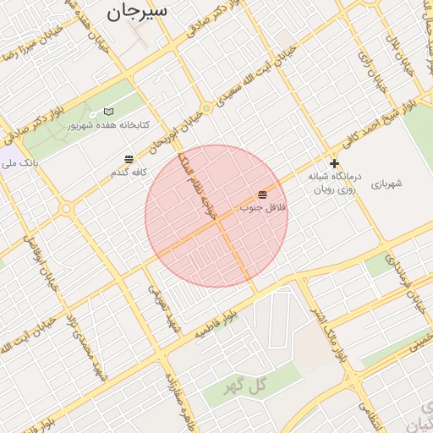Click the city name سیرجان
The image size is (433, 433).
coord(137,11)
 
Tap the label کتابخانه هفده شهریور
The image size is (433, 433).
coord(108,125)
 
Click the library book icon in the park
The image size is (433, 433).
coord(107,112)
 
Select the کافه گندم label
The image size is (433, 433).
coord(129,172)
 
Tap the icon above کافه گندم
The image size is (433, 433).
coord(129,159)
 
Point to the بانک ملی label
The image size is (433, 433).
coord(20,161)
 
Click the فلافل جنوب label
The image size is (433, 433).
coord(263,207)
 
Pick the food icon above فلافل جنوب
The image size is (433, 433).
coord(262,195)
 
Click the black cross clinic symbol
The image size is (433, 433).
coord(335,163)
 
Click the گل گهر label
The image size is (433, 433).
coord(245,386)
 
